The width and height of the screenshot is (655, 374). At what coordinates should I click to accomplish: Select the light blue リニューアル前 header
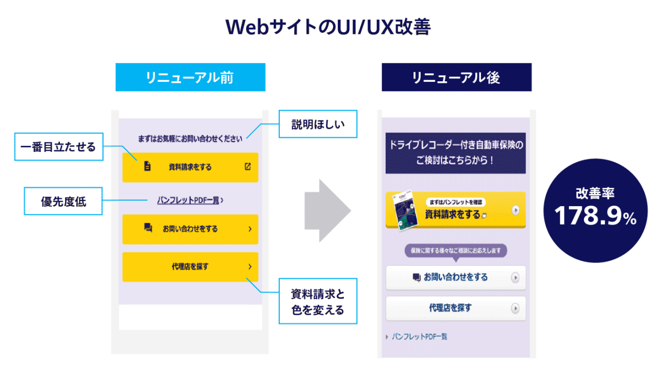[190, 77]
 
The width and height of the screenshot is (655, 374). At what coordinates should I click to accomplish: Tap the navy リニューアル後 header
[456, 77]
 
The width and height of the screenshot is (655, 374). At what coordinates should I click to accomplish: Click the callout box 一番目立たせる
[58, 147]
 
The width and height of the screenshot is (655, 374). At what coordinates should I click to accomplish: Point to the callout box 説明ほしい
[318, 124]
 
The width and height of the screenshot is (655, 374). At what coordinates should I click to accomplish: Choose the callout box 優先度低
[63, 201]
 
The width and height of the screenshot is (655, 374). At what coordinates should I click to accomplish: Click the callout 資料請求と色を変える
[318, 301]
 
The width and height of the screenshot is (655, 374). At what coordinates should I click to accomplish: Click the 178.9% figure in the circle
[596, 216]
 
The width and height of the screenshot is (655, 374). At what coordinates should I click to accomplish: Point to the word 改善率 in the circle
[595, 193]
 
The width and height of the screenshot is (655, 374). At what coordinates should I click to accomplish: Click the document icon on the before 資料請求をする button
[147, 166]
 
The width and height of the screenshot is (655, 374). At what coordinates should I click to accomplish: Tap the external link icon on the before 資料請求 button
[248, 166]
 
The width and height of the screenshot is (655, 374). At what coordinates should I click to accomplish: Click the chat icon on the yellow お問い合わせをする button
[148, 228]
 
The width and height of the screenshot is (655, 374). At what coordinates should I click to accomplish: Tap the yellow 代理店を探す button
[190, 267]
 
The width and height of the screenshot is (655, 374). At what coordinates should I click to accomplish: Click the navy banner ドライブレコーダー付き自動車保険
[456, 152]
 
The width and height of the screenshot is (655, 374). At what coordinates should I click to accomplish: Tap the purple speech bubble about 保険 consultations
[456, 251]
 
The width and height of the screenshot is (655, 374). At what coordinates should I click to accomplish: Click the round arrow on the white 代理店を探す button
[515, 309]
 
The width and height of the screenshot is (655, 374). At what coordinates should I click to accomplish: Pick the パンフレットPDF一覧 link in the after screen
[419, 337]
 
